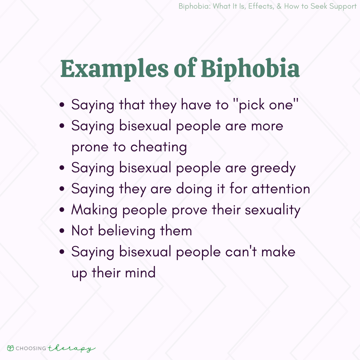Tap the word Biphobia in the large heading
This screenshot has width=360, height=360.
(250, 69)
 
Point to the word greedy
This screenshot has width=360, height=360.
(273, 168)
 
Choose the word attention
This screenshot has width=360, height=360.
(281, 189)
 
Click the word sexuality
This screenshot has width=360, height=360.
(269, 210)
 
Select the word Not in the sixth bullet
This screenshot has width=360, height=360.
(82, 231)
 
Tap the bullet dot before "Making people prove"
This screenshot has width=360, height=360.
(62, 211)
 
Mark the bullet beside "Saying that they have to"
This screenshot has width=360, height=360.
(62, 106)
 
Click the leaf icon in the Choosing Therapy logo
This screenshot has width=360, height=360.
(11, 348)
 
